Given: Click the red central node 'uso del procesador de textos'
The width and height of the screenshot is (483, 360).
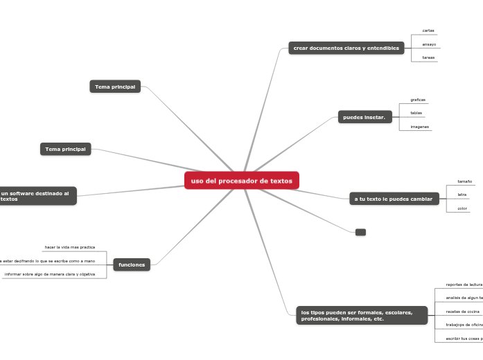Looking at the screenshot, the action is tap(241, 181).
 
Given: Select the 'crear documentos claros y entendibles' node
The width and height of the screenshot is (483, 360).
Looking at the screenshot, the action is tap(346, 48).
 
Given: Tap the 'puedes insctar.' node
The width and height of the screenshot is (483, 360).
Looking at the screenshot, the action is tap(365, 118).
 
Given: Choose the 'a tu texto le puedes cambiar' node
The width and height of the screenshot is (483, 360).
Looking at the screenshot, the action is tap(394, 199).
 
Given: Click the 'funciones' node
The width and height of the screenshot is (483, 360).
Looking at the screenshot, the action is tap(132, 265).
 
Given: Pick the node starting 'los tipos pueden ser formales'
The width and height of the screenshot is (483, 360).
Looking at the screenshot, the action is tap(361, 316).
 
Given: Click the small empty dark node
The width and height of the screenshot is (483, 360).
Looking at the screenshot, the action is tap(360, 232).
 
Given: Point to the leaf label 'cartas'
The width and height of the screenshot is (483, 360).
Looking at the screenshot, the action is tap(428, 31).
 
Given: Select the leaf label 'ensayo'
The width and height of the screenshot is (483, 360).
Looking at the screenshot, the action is tap(429, 44).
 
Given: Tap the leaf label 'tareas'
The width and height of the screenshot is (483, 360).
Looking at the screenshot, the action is tap(428, 57).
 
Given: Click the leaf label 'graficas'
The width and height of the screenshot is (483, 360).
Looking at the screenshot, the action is tap(418, 100).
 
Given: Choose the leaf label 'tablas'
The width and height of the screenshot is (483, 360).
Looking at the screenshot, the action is tap(416, 113).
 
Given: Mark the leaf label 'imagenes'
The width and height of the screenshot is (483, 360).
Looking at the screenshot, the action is tap(419, 127).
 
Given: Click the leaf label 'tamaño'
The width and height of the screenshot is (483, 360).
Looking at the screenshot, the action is tap(465, 181).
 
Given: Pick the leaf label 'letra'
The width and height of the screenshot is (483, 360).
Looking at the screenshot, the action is tap(462, 195).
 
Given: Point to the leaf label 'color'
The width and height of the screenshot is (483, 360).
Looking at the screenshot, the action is tap(462, 208).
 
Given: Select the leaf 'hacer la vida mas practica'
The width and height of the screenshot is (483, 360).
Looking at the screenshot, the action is tap(70, 247).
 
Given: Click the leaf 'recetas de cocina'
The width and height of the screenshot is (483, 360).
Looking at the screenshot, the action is tap(463, 312).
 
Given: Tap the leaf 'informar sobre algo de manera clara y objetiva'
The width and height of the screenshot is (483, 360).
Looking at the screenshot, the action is tap(50, 274).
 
